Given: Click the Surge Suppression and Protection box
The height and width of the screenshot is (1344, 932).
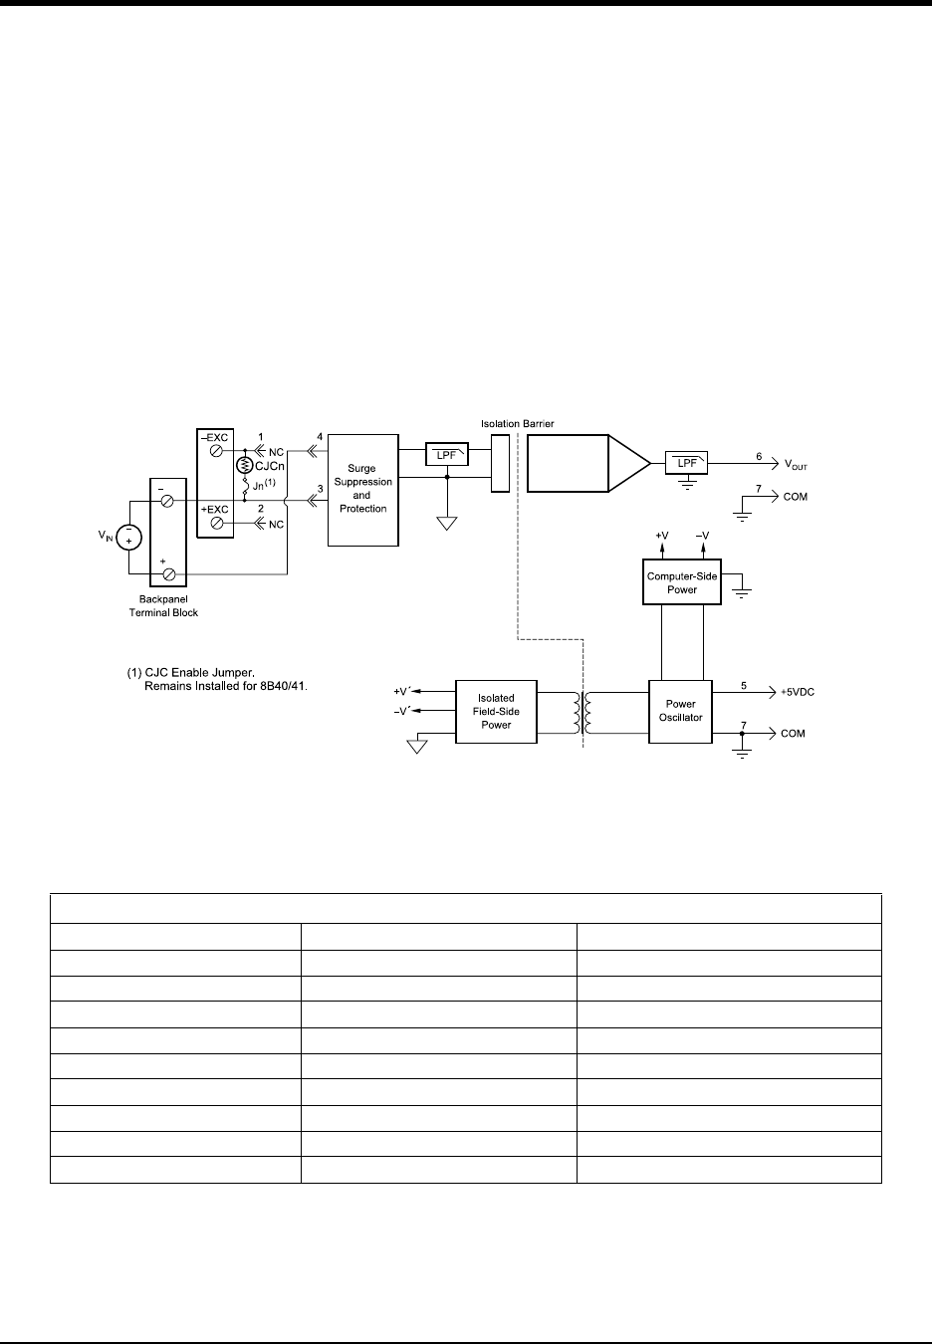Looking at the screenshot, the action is click(362, 489).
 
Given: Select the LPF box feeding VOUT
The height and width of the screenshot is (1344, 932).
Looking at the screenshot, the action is click(687, 463).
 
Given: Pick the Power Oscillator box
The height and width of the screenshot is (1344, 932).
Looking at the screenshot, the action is click(681, 711).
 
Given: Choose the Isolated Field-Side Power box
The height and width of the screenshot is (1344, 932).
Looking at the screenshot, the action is click(496, 711).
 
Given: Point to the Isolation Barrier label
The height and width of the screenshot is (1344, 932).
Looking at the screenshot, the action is click(517, 424).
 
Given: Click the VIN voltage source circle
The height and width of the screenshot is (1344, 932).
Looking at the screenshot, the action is click(128, 538).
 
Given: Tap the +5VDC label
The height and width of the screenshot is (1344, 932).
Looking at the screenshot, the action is click(797, 692).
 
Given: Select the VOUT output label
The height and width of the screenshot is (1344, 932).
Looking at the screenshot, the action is click(796, 465).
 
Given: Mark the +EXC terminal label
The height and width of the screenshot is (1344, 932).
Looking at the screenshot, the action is click(214, 510).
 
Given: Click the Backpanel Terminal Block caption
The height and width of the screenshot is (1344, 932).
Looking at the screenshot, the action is click(163, 606).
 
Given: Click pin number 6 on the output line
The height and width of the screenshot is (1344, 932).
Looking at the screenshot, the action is click(758, 456).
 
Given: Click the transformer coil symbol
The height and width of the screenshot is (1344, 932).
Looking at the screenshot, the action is click(582, 712).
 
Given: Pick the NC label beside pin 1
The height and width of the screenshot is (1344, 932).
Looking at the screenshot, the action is click(277, 451).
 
